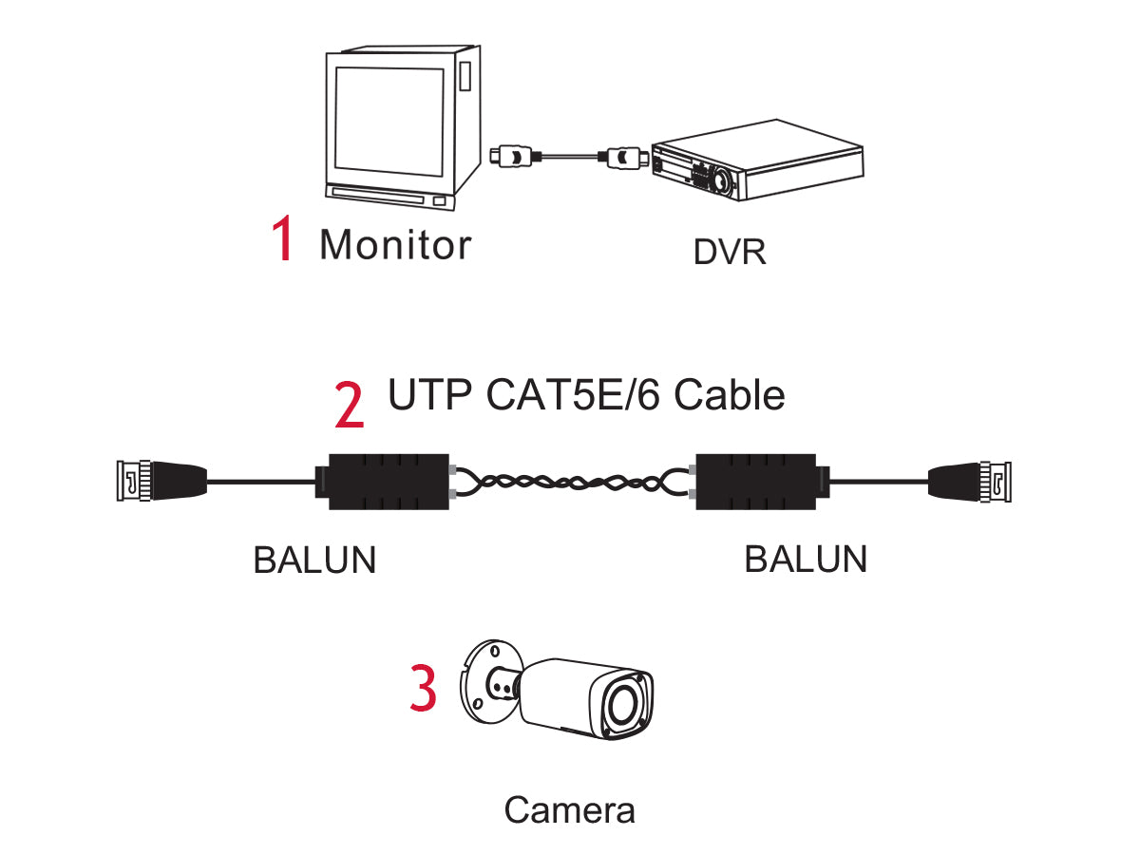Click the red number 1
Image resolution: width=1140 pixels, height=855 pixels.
point(282,239)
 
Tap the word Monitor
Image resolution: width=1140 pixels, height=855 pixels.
point(394,244)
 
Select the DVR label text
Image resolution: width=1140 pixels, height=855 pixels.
point(729,253)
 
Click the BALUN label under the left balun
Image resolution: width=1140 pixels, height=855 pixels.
point(314,560)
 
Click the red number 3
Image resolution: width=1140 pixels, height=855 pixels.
point(423,690)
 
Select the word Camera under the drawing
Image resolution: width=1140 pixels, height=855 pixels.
point(569,810)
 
